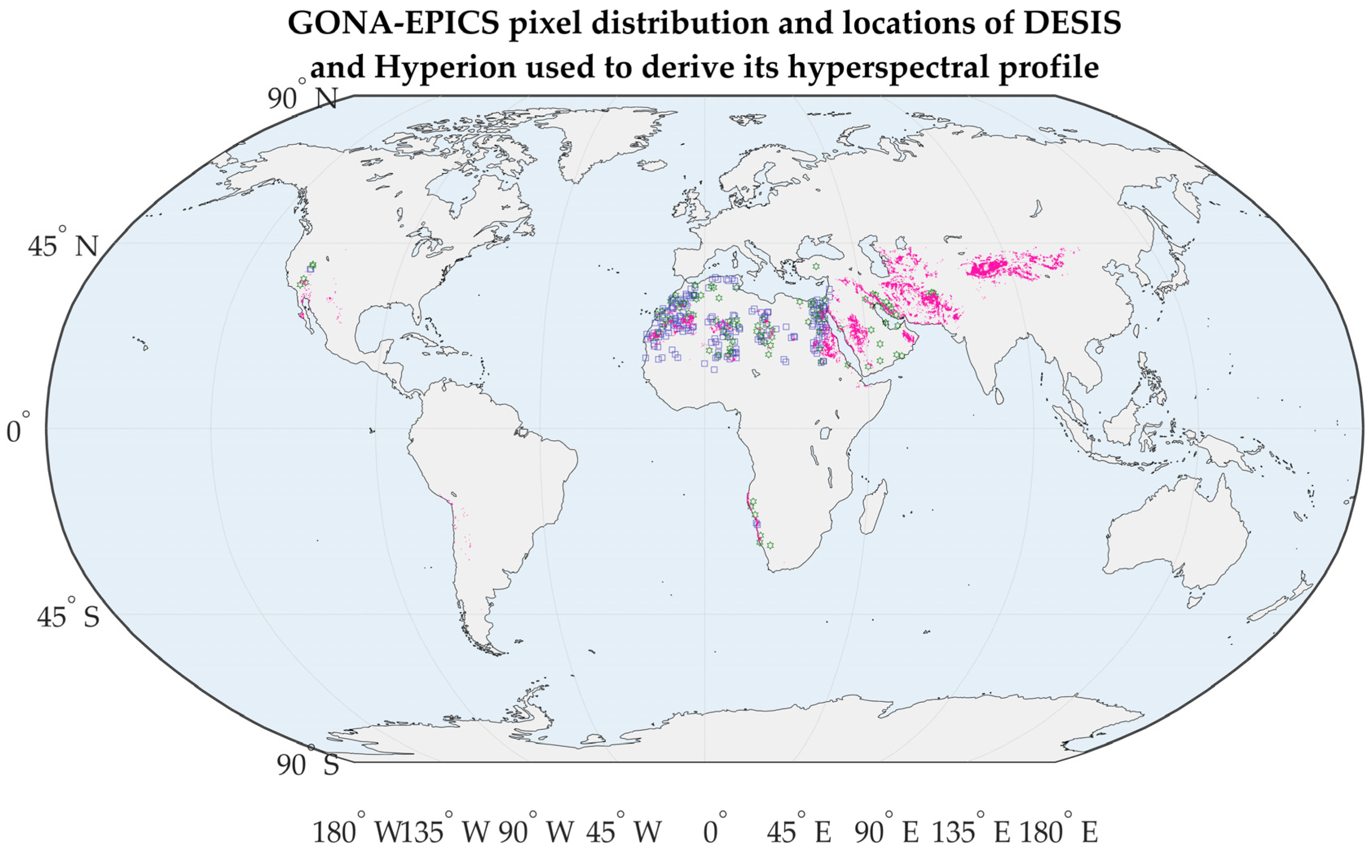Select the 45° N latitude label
pos(63,246)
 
